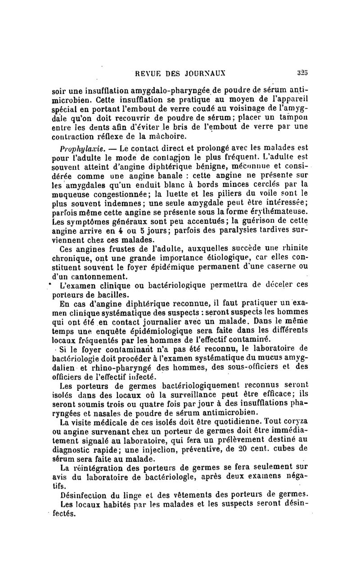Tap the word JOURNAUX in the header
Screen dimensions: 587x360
click(x=206, y=72)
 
